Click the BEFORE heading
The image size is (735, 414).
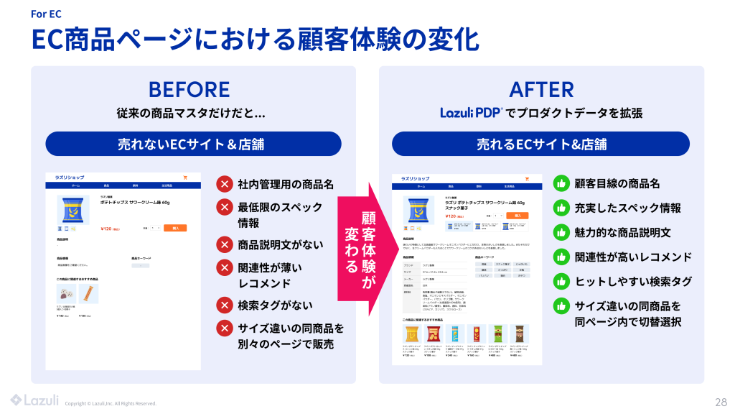pos(189,89)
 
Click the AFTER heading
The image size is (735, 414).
pos(541,89)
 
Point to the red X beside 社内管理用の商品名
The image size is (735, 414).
pos(225,184)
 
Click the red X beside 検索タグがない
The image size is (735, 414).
pos(225,305)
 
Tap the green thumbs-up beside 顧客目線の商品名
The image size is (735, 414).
pos(561,183)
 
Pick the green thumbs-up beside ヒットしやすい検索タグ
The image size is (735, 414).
pos(561,281)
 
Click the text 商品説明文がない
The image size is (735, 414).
pos(281,244)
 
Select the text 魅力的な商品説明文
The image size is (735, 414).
pos(622,232)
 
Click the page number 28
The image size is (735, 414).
pos(721,401)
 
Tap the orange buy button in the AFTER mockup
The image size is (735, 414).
pos(517,215)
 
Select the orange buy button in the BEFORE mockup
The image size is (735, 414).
pos(174,227)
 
